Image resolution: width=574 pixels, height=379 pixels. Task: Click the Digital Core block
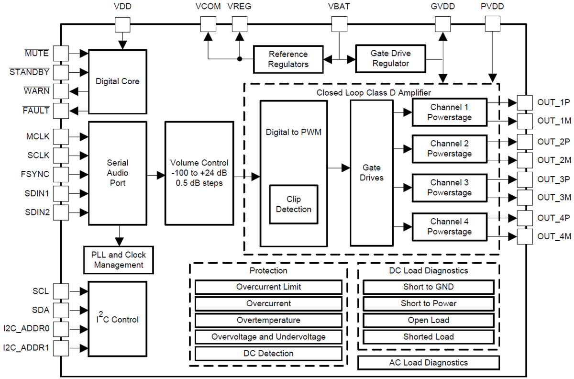[x=117, y=82]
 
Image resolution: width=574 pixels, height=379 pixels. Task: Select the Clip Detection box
[x=293, y=204]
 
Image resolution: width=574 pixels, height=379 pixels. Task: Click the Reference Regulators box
[x=288, y=59]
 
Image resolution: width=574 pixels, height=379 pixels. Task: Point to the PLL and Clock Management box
[x=119, y=260]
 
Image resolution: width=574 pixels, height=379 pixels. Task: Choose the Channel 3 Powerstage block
[x=449, y=188]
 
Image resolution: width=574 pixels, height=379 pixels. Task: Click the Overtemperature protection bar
[x=268, y=320]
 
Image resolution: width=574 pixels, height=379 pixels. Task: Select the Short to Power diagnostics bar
[x=428, y=303]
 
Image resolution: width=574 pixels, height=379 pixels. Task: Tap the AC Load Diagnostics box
[x=428, y=363]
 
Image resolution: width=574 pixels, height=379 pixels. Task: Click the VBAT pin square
[x=339, y=24]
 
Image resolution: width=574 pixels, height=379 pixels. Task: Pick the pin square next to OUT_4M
[x=525, y=236]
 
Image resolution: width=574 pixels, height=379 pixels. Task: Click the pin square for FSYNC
[x=61, y=174]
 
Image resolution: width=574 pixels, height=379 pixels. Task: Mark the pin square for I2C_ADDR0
[x=61, y=329]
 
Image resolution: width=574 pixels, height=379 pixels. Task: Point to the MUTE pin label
[x=37, y=53]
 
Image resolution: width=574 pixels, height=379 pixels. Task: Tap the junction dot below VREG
[x=239, y=59]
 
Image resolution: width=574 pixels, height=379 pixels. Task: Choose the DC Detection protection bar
[x=268, y=354]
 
